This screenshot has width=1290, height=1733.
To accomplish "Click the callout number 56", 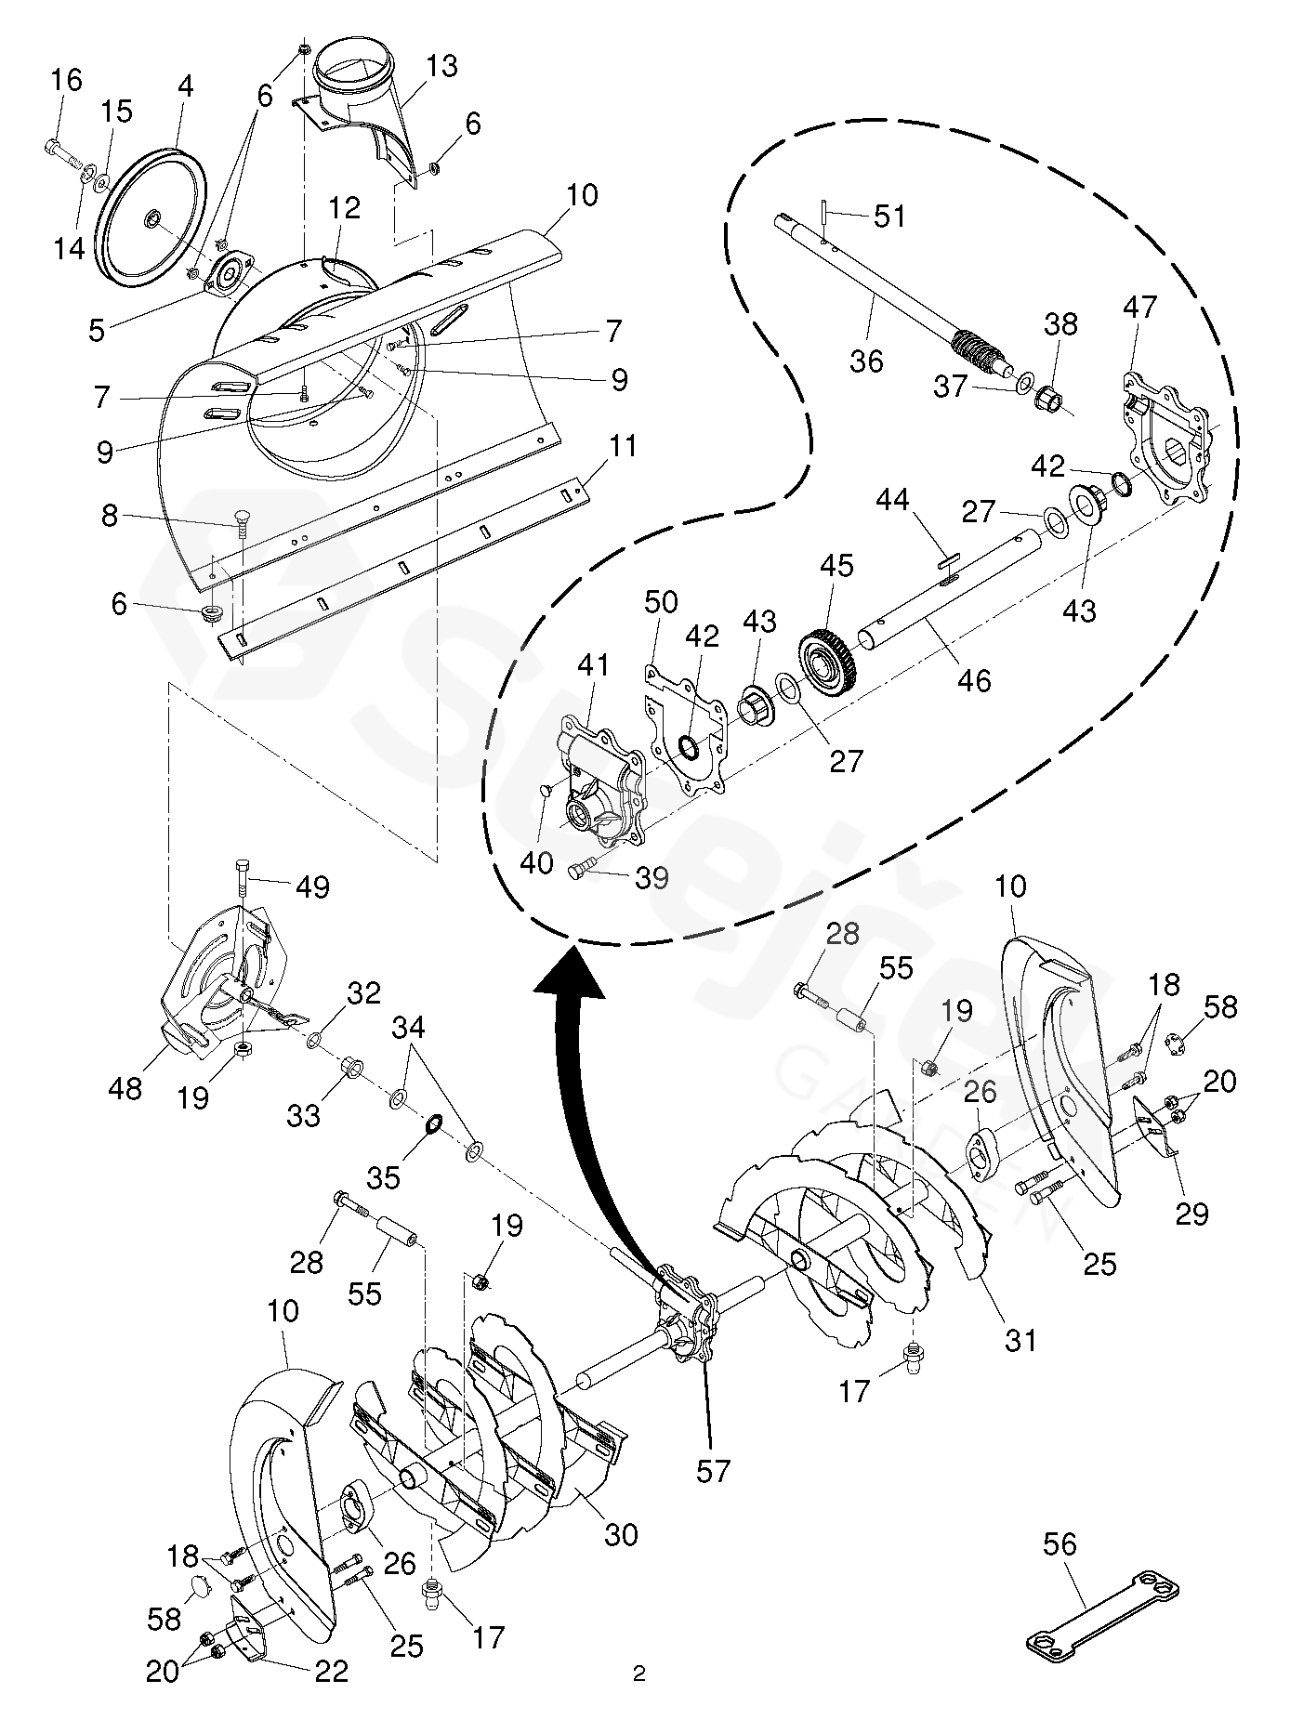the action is click(x=1059, y=1544).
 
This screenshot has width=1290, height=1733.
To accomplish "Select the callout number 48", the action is click(x=125, y=1086).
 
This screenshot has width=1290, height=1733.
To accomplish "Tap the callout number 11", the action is click(x=622, y=446).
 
